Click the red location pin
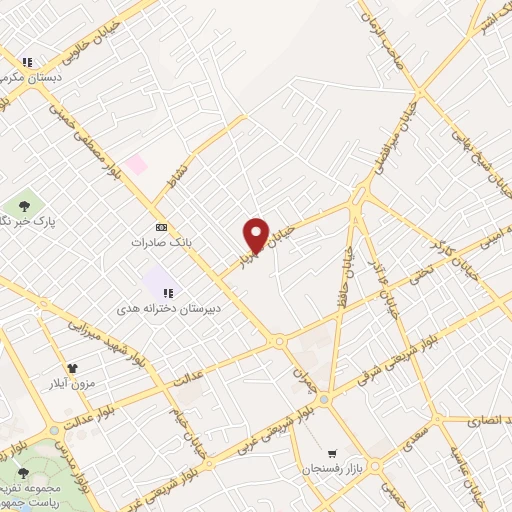[256, 234]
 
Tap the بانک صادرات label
[160, 242]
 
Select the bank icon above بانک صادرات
[160, 227]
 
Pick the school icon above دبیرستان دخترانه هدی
[169, 293]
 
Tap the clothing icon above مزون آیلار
[71, 368]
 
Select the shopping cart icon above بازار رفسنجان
[332, 453]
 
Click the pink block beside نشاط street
[135, 163]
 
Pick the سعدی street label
[410, 441]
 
